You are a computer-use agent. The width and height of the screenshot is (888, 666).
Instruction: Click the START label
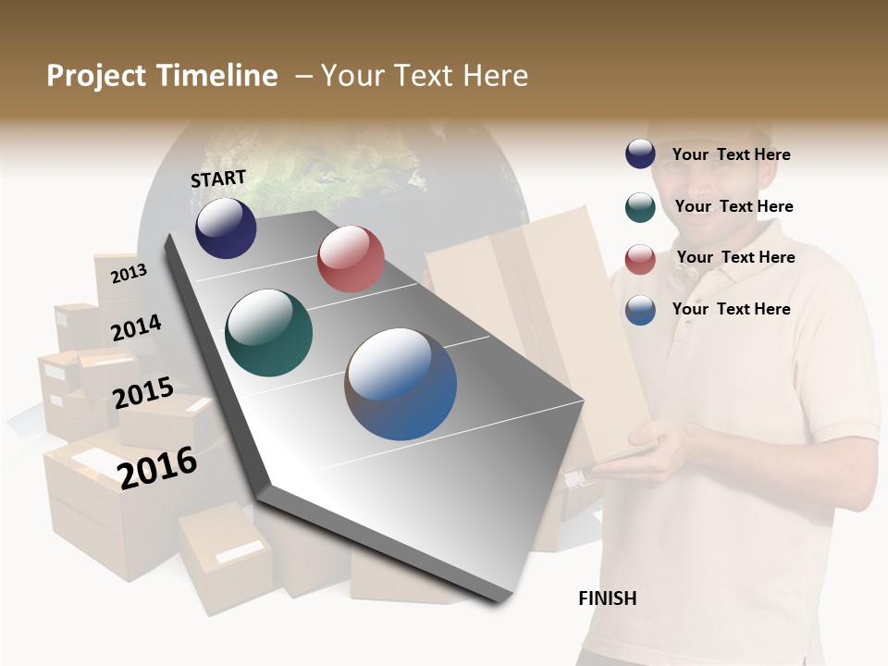pos(218,179)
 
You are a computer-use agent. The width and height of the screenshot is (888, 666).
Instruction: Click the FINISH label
pos(607,598)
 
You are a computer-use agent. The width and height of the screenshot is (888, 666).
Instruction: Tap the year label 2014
pos(136,328)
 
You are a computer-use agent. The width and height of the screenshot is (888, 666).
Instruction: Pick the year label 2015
pos(143,393)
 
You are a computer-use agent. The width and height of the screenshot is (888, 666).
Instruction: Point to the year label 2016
pos(157,467)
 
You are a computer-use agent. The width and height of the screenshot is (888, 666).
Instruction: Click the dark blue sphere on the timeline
pos(226,228)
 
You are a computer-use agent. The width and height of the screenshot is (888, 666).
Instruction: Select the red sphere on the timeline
pos(351,259)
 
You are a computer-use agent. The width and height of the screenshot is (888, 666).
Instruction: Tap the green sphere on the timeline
pos(269,333)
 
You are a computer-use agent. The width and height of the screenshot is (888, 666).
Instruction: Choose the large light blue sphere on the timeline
pos(401,384)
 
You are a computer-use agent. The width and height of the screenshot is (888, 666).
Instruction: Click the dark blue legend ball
pos(640,154)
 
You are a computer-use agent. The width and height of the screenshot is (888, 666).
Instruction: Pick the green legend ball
pos(640,207)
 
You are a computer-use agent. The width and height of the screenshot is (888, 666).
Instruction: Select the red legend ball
pos(640,259)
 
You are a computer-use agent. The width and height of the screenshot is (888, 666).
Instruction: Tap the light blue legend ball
pos(640,310)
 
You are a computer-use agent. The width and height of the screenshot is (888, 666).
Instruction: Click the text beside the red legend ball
pos(735,257)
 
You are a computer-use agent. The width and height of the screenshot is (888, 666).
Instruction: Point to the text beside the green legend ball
pos(734,206)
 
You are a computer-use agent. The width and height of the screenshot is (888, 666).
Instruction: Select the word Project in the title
pos(96,76)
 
